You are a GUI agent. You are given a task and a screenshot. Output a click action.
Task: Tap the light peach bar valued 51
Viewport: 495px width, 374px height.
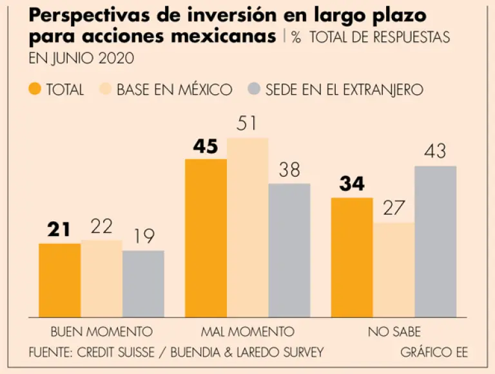[247, 227]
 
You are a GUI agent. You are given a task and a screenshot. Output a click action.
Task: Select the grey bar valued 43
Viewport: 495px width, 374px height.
[435, 241]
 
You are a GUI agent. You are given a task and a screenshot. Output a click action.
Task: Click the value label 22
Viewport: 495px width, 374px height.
[102, 226]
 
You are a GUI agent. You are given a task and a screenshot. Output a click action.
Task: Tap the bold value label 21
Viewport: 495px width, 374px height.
[59, 229]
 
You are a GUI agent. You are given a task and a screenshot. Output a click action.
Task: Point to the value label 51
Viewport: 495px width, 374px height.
[247, 124]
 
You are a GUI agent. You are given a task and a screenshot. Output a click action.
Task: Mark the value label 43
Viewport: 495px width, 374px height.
[435, 152]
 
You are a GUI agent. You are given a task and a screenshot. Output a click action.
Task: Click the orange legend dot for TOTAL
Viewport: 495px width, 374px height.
[35, 89]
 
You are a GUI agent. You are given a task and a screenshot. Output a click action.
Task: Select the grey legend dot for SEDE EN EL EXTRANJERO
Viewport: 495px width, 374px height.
[255, 89]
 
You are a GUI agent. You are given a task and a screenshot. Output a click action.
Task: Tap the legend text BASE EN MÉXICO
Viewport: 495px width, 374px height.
[174, 90]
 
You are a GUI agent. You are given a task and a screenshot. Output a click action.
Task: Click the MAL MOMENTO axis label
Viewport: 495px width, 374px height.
[247, 332]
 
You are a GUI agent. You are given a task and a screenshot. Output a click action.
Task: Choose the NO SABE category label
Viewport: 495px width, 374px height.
[394, 332]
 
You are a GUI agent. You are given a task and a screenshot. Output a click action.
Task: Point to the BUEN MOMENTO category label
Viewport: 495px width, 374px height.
[101, 332]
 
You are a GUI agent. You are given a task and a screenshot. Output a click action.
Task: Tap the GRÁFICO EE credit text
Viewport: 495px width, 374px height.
[434, 352]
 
